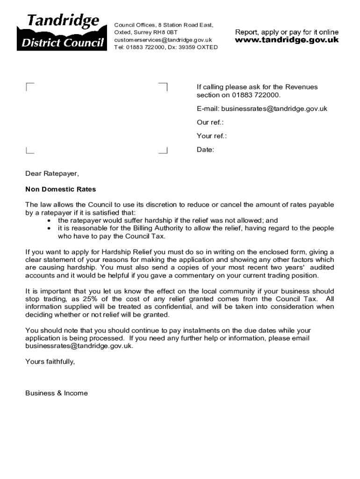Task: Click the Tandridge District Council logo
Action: pyautogui.click(x=60, y=32)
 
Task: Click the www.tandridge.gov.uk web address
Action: pyautogui.click(x=287, y=40)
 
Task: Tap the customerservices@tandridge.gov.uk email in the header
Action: pyautogui.click(x=163, y=40)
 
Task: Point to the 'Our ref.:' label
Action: pyautogui.click(x=210, y=123)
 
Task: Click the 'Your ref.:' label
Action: pyautogui.click(x=211, y=136)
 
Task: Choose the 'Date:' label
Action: pyautogui.click(x=205, y=150)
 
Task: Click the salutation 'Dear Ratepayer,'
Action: pyautogui.click(x=52, y=174)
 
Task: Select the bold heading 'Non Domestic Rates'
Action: pyautogui.click(x=60, y=189)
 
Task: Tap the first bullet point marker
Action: pyautogui.click(x=50, y=220)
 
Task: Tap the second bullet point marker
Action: pyautogui.click(x=50, y=228)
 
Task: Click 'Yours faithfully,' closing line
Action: pyautogui.click(x=50, y=362)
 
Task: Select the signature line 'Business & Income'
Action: pyautogui.click(x=56, y=393)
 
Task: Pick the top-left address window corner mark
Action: pyautogui.click(x=29, y=86)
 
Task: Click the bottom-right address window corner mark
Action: pyautogui.click(x=164, y=151)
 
